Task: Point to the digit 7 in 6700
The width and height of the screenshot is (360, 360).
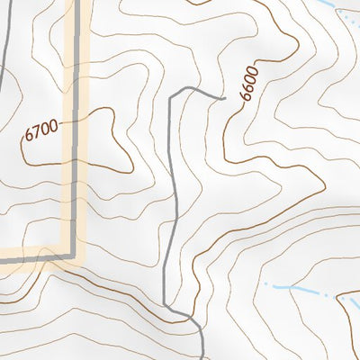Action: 37,132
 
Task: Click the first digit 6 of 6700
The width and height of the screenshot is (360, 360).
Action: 29,136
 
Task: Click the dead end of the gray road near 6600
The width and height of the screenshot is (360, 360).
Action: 222,95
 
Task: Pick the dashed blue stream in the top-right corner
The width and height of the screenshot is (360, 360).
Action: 346,13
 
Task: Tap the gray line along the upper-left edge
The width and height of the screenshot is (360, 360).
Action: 4,54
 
